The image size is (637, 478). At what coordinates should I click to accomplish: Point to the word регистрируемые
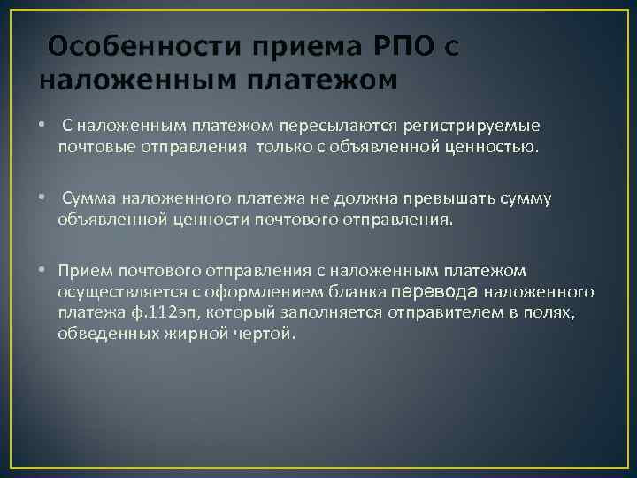477,127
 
